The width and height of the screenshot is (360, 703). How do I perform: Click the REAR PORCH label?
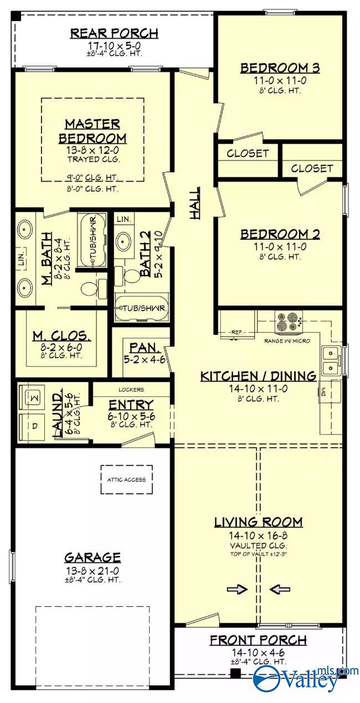114,33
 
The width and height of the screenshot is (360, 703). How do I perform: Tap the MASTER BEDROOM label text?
92,131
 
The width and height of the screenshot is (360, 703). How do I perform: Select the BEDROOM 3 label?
280,68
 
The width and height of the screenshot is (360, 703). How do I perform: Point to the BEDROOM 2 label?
280,234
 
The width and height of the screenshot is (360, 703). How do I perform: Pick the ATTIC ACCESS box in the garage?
126,479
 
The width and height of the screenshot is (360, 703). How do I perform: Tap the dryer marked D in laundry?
32,427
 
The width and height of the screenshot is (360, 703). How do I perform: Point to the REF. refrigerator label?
238,332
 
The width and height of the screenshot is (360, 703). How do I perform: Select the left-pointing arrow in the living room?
280,590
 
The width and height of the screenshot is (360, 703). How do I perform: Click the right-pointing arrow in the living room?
237,590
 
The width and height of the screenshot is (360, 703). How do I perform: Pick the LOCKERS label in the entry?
131,389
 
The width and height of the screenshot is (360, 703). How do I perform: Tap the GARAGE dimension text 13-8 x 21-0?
92,570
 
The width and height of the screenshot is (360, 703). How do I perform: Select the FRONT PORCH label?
258,640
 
